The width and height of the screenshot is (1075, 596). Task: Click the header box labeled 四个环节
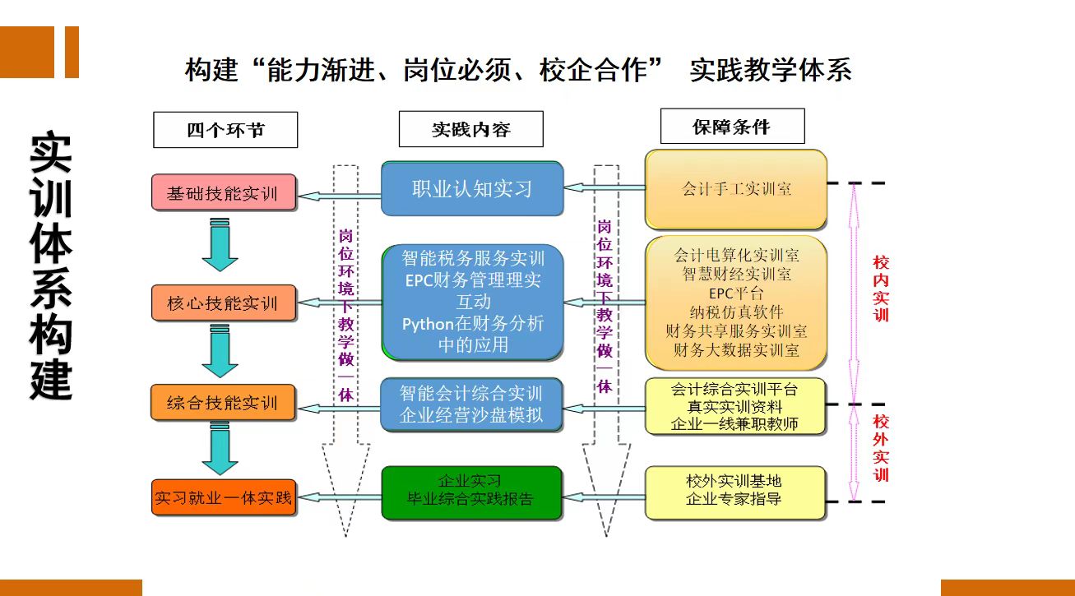point(225,130)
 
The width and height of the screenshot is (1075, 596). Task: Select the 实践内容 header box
point(471,129)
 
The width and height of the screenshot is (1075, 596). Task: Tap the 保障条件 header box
point(732,126)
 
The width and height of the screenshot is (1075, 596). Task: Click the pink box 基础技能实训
point(224,192)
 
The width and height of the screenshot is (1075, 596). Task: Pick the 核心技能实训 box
point(224,303)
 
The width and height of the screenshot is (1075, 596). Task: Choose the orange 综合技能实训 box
point(224,402)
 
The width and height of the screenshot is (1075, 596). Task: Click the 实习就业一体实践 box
point(224,497)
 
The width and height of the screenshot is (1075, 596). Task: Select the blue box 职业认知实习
point(472,188)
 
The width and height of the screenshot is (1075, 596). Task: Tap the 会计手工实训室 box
point(736,189)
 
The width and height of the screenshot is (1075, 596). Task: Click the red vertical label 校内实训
point(881,289)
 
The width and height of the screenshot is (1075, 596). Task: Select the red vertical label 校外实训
point(881,448)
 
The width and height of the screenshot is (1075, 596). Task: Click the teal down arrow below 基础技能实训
point(220,244)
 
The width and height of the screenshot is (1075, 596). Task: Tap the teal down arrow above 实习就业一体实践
point(220,449)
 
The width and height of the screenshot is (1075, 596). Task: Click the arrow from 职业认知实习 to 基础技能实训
point(340,196)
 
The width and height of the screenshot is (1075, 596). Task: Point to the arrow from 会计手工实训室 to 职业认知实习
point(605,187)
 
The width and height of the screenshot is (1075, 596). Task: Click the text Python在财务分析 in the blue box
point(473,324)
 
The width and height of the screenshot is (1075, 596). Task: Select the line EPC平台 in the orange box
point(736,293)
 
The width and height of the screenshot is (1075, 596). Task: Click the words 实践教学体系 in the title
point(771,70)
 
